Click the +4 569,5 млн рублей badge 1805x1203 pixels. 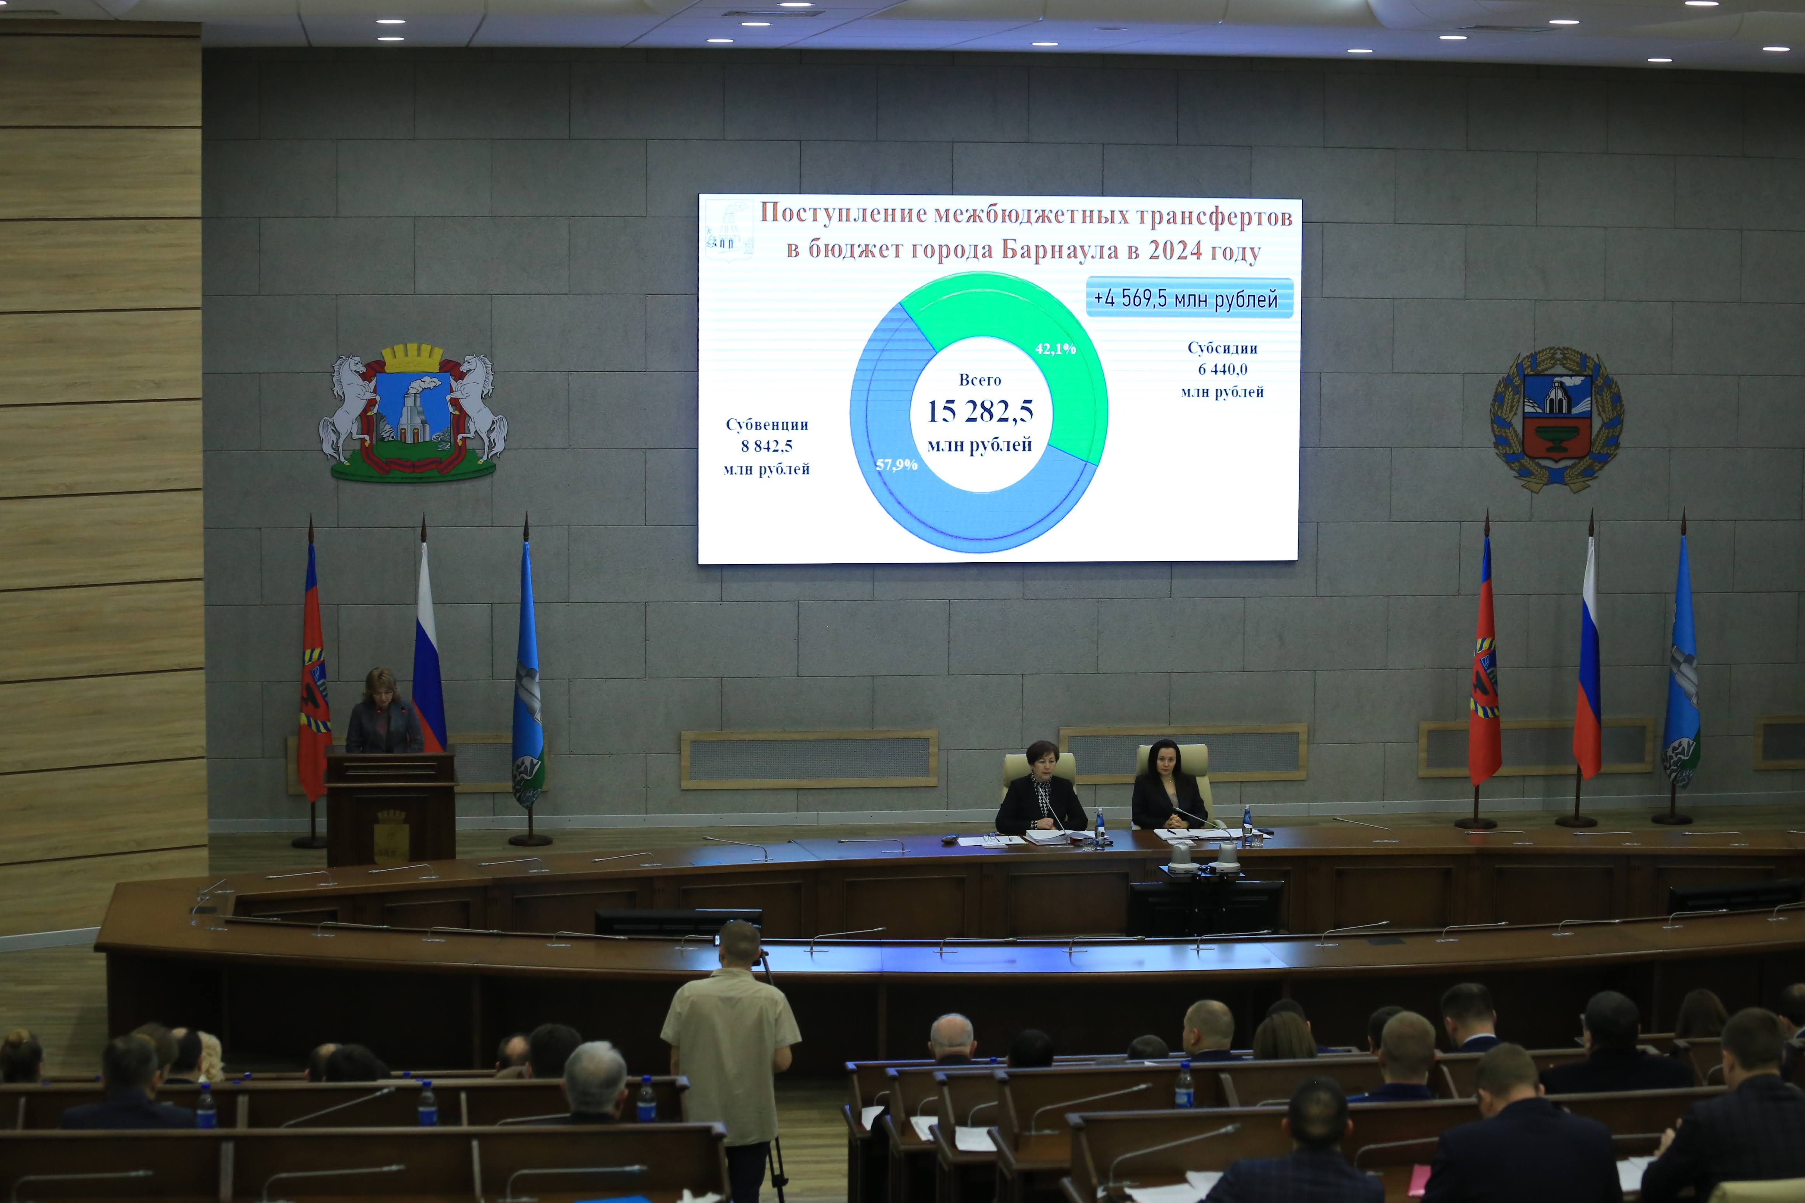coord(1189,298)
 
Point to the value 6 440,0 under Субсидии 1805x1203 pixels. coord(1222,369)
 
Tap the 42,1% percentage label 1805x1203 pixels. coord(1055,349)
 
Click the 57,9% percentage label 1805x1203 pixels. coord(896,465)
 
